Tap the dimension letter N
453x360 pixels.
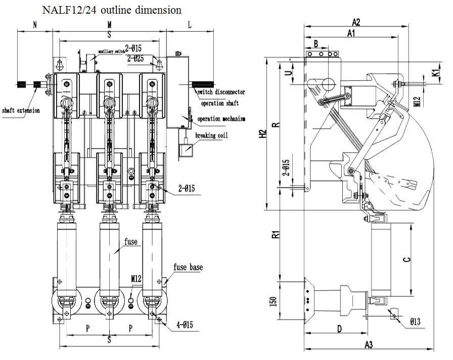point(35,24)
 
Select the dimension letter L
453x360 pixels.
point(190,24)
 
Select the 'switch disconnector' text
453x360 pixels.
point(221,92)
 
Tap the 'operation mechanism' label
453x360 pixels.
point(221,119)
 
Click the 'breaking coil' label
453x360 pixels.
point(211,136)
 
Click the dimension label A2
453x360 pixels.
point(356,22)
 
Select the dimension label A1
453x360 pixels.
point(351,33)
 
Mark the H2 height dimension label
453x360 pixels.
point(262,134)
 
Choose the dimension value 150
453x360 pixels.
point(273,301)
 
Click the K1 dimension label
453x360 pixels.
point(435,72)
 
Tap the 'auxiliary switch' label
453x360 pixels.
point(112,51)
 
